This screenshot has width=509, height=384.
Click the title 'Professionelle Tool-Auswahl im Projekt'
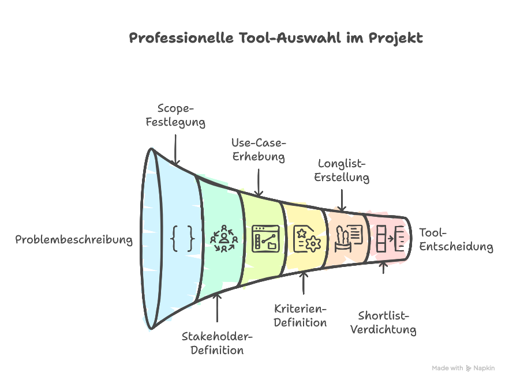pyautogui.click(x=276, y=39)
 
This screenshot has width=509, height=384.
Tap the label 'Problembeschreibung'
pyautogui.click(x=74, y=240)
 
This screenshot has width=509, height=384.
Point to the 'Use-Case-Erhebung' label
pyautogui.click(x=259, y=149)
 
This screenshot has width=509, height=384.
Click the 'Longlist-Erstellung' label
pyautogui.click(x=342, y=170)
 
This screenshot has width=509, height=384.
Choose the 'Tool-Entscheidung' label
pyautogui.click(x=456, y=240)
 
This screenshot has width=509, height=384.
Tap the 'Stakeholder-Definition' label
pyautogui.click(x=217, y=343)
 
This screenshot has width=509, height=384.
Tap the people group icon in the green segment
pyautogui.click(x=224, y=238)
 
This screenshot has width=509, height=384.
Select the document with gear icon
pyautogui.click(x=306, y=238)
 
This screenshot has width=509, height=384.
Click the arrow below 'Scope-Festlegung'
pyautogui.click(x=176, y=147)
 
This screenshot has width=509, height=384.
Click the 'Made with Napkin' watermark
pyautogui.click(x=463, y=368)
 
